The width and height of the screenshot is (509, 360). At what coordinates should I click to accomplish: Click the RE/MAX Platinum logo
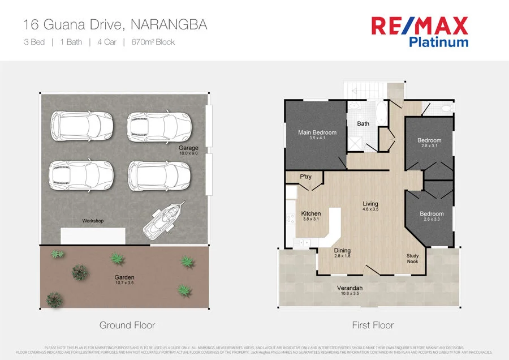coord(419,31)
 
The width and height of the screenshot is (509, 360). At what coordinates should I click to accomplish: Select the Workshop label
coord(93,221)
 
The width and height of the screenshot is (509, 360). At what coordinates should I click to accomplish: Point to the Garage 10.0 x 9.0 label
coord(188,151)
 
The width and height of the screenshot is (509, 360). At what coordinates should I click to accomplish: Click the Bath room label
coord(363,123)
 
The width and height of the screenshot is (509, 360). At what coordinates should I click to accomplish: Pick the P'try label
coord(306,177)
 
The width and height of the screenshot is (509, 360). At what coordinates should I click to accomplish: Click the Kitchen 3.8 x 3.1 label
coord(311,216)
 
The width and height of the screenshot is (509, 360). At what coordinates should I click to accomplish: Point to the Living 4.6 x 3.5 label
coord(370,206)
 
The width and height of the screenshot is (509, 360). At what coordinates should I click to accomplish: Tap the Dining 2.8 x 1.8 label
coord(342,253)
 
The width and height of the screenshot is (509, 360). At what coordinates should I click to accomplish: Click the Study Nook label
coord(412,259)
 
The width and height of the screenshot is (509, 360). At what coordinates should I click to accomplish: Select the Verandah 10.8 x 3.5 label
coord(350,290)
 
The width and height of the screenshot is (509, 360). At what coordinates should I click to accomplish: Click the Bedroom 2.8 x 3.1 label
coord(429,143)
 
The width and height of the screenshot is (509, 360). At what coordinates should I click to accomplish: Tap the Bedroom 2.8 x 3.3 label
coord(432,216)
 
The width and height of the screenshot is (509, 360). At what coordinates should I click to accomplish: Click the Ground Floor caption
coord(127,325)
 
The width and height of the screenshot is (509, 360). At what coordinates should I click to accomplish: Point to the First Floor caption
coord(373,325)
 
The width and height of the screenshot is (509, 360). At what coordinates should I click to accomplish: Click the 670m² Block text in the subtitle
coord(153,42)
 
